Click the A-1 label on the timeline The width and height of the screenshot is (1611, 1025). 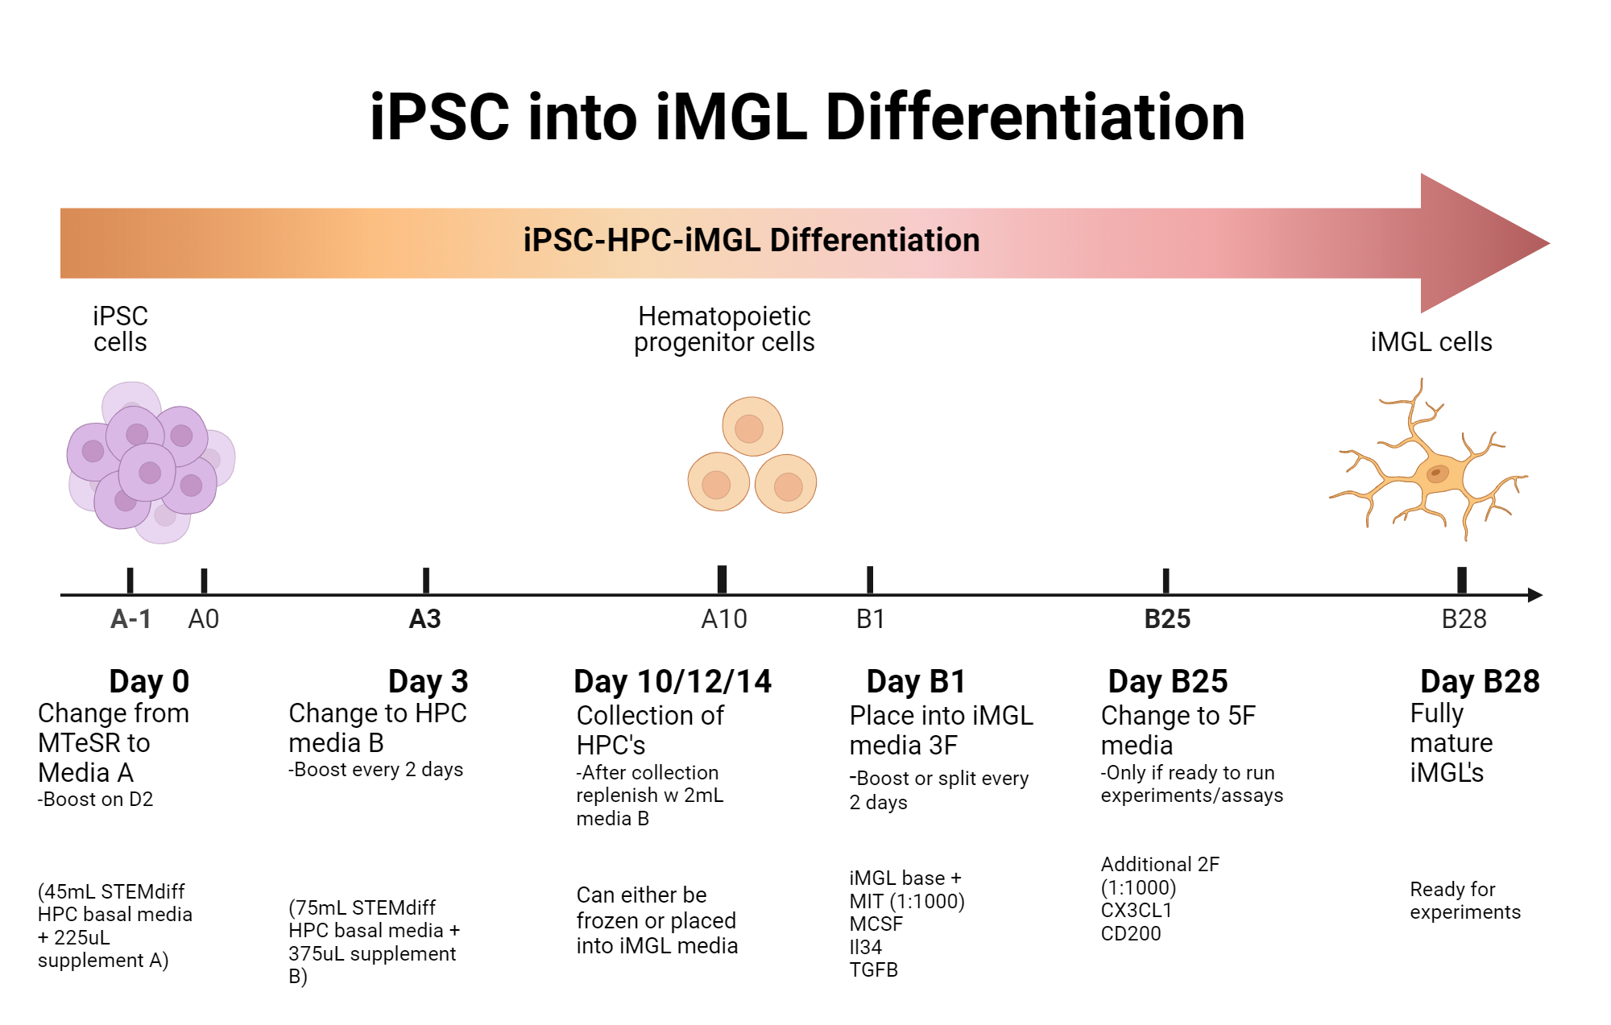click(x=130, y=618)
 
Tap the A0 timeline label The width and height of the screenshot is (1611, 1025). click(x=203, y=618)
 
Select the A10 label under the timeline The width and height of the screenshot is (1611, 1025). click(x=723, y=618)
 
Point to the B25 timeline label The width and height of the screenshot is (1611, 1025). click(x=1166, y=618)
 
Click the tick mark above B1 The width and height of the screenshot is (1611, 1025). click(x=870, y=580)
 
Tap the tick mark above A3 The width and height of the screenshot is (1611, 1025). click(x=426, y=580)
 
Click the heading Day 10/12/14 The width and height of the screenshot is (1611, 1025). click(x=672, y=681)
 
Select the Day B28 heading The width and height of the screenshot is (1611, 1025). click(x=1479, y=681)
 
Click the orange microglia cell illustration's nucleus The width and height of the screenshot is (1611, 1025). click(x=1437, y=473)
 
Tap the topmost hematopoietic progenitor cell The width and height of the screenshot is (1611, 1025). click(x=752, y=427)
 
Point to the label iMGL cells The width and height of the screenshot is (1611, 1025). click(x=1431, y=341)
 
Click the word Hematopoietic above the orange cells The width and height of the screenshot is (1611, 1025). click(x=723, y=316)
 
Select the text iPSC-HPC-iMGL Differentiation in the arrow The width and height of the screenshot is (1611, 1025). click(x=751, y=240)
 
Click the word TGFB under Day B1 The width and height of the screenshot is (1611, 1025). click(x=873, y=969)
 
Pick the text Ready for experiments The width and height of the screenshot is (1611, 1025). click(x=1464, y=900)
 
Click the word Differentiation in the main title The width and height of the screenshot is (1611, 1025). click(x=1034, y=118)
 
